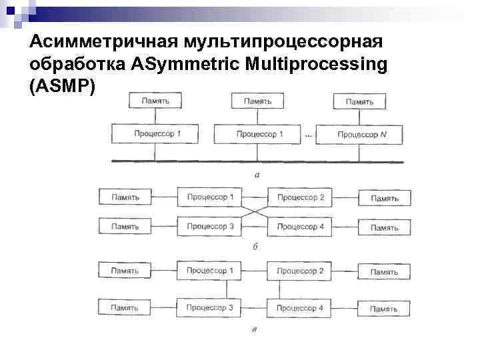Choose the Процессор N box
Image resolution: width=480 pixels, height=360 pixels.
(x=361, y=134)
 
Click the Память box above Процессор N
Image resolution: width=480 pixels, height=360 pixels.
(x=359, y=101)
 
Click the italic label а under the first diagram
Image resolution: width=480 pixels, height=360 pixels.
(x=257, y=175)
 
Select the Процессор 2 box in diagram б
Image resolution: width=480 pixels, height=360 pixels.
(x=300, y=197)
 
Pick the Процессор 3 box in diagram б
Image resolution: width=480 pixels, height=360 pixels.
(x=210, y=227)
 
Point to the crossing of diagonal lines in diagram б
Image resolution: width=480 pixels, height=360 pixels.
(x=255, y=212)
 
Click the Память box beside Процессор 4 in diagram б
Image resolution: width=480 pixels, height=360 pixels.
(x=384, y=227)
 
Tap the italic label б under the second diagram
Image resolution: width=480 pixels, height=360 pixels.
(x=255, y=246)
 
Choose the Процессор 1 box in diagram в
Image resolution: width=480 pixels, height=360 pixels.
(x=209, y=271)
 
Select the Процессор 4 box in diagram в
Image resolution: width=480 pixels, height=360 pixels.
(x=299, y=308)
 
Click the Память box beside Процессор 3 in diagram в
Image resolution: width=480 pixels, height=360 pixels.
(x=125, y=308)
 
